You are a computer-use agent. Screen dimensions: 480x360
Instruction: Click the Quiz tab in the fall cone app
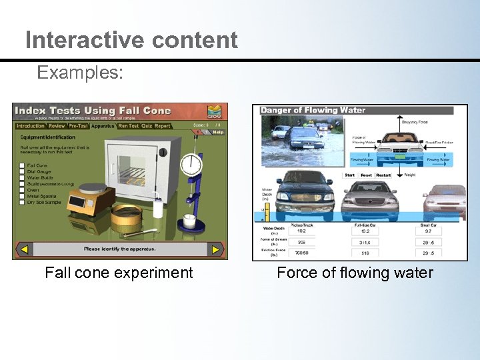point(147,125)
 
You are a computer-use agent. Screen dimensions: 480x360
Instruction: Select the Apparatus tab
point(103,125)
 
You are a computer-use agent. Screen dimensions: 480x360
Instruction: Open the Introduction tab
point(31,125)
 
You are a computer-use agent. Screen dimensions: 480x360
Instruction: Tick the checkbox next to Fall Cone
point(22,165)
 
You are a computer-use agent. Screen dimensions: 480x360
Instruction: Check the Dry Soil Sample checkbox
point(22,203)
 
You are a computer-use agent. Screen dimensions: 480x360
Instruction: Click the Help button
point(217,132)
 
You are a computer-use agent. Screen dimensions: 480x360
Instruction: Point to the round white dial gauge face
point(192,164)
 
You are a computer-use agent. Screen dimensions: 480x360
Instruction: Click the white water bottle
point(159,207)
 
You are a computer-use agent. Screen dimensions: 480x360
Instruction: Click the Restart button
point(383,175)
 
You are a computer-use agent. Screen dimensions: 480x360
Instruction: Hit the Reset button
point(367,175)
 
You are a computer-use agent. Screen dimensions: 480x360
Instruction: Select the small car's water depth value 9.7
point(427,231)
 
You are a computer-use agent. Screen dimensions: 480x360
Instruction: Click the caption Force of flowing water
point(355,273)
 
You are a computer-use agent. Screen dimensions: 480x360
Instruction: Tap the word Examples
point(80,72)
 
